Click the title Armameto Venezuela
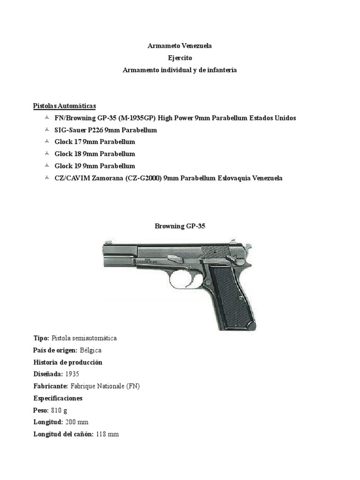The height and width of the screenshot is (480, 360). (180, 46)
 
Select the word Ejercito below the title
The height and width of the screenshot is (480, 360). (180, 58)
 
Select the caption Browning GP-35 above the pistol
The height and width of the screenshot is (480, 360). (180, 226)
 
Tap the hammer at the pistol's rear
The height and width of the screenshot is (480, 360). (248, 247)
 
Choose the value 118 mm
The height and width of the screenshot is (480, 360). (107, 435)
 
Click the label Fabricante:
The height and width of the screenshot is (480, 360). (51, 386)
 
